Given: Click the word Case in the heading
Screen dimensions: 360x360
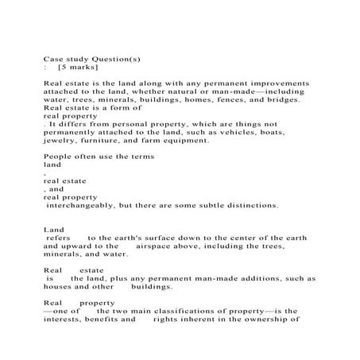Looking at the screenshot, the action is tap(52, 58).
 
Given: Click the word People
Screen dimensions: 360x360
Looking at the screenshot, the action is tap(58, 157).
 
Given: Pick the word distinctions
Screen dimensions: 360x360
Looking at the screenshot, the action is tap(250, 205).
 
